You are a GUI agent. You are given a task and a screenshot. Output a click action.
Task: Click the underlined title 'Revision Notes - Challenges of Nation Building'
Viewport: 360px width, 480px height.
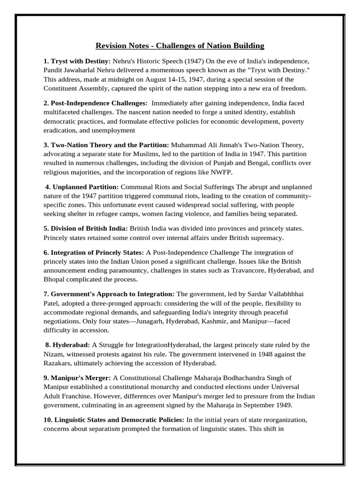(180, 45)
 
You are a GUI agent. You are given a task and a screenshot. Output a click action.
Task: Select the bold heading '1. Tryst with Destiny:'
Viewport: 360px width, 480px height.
(77, 61)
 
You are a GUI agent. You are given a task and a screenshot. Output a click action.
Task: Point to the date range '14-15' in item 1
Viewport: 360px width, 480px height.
(179, 79)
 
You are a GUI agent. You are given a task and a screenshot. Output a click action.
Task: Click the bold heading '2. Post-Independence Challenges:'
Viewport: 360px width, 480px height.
(95, 103)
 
